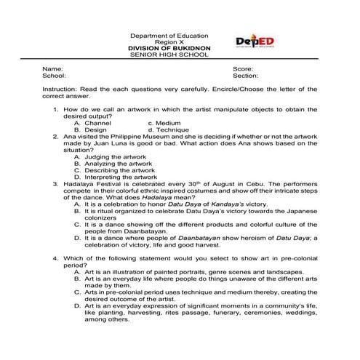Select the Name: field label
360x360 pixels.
coord(53,68)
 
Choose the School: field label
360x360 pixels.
coord(55,75)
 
